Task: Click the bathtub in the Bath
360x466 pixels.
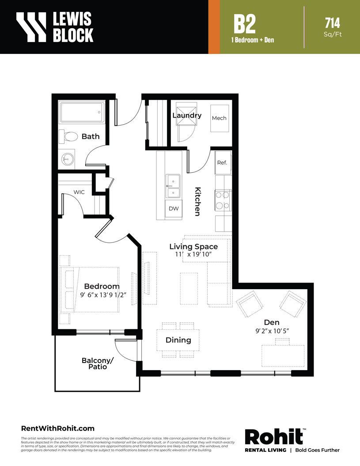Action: click(82, 112)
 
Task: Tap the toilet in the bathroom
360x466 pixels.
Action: click(68, 137)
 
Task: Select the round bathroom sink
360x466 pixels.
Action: click(67, 159)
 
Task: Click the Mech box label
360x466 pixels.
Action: click(219, 118)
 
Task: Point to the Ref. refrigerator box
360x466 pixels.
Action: click(223, 163)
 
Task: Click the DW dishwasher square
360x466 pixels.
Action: click(174, 209)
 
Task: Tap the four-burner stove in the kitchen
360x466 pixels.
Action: click(223, 200)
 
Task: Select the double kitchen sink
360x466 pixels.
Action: click(173, 186)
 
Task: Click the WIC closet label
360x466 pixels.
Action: click(79, 192)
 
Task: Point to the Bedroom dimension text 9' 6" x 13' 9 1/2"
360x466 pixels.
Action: click(103, 295)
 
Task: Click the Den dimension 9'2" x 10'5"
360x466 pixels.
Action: click(272, 331)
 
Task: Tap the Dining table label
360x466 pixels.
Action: click(178, 340)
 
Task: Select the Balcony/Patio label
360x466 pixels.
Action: click(98, 363)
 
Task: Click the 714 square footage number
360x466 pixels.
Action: click(333, 23)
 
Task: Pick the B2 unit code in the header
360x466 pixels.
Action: click(244, 24)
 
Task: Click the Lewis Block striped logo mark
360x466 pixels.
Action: click(31, 27)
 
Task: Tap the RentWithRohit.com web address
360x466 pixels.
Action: click(57, 428)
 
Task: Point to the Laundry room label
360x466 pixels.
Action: click(187, 115)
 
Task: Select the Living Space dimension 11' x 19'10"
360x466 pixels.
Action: click(193, 254)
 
